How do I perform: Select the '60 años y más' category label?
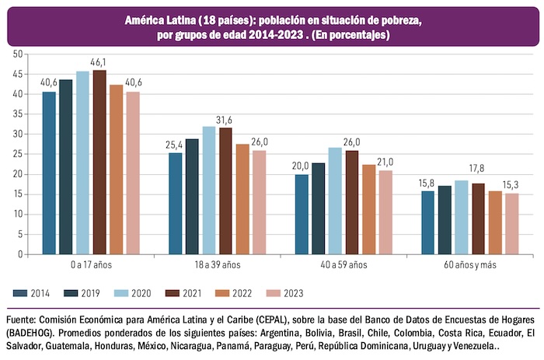469,265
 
